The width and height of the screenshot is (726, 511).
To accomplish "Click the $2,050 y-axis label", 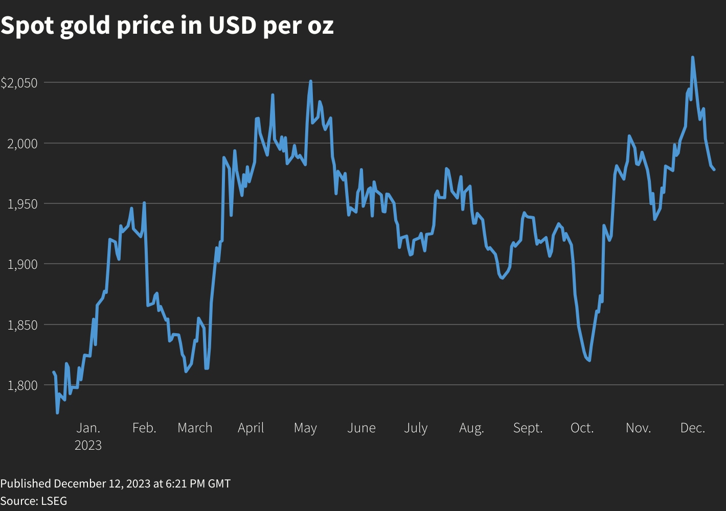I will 19,83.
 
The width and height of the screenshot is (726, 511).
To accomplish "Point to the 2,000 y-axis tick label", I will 22,144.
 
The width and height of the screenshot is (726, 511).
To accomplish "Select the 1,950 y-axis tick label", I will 22,204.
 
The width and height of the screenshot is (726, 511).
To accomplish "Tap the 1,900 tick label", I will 22,264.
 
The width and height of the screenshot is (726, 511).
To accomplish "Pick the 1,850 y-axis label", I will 22,325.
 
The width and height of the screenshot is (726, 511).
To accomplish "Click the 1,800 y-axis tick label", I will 22,385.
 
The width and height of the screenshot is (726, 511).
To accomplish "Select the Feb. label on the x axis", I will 144,428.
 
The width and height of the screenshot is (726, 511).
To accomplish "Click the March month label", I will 195,428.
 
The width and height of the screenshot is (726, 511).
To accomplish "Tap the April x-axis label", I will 251,428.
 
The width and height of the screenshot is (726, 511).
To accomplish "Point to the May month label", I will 305,428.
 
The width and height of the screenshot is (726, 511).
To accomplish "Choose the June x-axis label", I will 361,428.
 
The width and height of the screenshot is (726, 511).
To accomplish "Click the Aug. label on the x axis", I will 471,428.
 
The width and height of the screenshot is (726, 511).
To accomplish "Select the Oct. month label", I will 582,428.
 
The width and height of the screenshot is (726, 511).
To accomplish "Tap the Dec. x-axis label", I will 693,428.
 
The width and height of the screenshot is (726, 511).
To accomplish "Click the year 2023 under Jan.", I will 88,446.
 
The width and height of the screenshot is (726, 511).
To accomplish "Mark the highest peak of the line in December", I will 692,57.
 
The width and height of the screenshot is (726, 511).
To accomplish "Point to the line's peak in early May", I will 310,81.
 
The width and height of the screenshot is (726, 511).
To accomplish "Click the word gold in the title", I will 85,26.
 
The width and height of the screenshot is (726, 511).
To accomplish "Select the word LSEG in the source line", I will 54,501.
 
